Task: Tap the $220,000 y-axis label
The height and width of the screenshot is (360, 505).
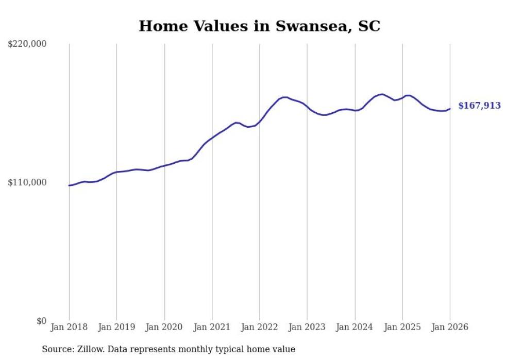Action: pos(27,44)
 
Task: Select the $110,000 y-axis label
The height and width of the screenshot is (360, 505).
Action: pos(27,182)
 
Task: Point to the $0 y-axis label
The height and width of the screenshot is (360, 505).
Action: pos(42,321)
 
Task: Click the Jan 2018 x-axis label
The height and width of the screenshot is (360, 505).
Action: pos(69,327)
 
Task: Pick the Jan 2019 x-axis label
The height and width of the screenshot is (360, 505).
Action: pos(117,327)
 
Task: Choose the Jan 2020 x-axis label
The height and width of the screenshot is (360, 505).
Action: pos(164,327)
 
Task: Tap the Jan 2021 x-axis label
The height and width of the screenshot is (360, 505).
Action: pos(212,327)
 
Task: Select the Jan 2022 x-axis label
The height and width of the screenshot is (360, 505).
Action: pos(260,327)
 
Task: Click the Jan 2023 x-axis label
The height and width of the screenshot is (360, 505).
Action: pos(307,327)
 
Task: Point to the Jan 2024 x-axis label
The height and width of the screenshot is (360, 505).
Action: pos(355,327)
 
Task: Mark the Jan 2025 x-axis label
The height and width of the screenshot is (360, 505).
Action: pos(402,327)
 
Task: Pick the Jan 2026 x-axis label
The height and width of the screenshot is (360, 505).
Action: pos(450,327)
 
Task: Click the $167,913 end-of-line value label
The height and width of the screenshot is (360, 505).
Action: pos(479,106)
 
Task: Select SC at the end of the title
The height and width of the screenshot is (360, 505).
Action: pos(369,26)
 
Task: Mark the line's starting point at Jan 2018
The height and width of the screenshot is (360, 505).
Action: pos(69,185)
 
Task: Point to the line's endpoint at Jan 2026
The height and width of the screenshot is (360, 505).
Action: pos(450,109)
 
